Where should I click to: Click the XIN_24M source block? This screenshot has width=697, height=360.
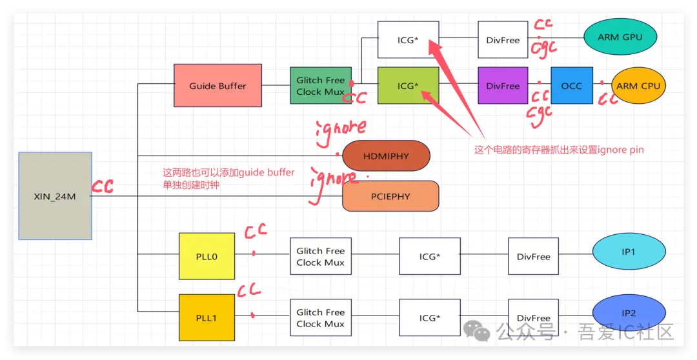55,196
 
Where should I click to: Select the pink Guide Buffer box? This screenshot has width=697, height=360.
217,85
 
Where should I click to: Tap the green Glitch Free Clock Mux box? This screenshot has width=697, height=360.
320,86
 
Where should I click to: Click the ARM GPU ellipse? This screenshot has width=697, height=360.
620,37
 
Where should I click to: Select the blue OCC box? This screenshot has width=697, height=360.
571,86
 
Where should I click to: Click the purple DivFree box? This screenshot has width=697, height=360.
503,86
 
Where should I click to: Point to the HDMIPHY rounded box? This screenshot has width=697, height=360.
385,157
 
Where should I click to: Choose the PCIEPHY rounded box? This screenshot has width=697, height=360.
390,196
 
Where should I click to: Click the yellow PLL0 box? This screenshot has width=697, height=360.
207,257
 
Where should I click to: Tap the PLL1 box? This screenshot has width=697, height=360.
207,317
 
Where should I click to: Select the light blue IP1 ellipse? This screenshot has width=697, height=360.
628,252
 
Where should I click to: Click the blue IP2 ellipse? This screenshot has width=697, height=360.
628,314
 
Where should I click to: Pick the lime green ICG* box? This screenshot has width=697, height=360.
408,86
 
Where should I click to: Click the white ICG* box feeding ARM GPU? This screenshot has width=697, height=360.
408,40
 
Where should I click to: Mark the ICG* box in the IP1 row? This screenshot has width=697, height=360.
429,257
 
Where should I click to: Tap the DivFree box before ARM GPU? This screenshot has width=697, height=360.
503,40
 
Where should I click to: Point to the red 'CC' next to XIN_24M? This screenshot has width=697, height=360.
103,187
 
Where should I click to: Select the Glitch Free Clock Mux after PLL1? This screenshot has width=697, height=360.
320,317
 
